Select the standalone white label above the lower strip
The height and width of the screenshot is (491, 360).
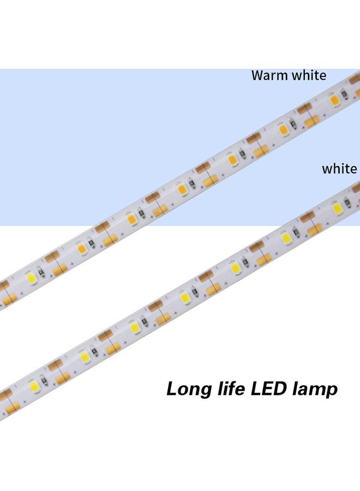339,169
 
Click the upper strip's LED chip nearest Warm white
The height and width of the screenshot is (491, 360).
334,99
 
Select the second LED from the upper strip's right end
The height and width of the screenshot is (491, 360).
283,130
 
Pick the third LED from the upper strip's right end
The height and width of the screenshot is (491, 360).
232,159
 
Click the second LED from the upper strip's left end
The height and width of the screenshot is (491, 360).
82,248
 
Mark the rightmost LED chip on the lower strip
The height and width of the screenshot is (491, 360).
337,207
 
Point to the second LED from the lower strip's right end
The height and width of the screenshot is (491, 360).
285,238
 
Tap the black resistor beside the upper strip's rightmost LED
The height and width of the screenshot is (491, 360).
344,94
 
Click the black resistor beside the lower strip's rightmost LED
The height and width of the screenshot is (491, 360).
347,201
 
